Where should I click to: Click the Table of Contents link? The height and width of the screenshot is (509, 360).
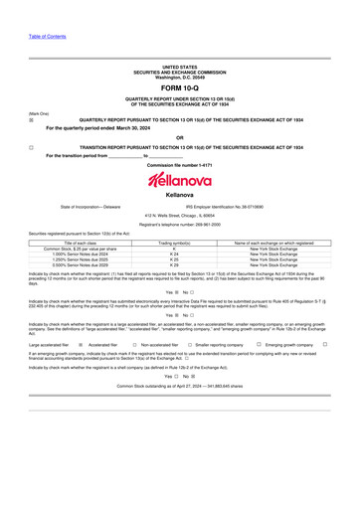click(x=48, y=37)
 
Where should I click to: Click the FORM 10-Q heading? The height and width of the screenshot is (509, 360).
click(x=180, y=88)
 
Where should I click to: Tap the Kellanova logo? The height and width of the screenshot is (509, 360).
click(x=180, y=180)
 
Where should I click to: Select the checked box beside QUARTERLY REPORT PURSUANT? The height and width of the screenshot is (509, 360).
click(x=31, y=119)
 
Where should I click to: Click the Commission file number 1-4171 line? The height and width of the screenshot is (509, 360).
click(x=180, y=164)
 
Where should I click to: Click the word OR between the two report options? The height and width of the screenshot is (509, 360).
click(x=180, y=137)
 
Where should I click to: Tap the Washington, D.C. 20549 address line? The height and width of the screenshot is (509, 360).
click(x=180, y=76)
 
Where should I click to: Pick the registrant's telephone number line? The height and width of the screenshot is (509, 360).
click(x=180, y=225)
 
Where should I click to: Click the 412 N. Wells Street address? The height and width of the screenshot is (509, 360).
click(x=180, y=216)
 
